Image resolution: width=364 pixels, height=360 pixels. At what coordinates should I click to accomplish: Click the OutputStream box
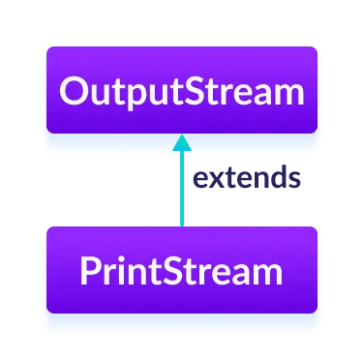[x=181, y=94]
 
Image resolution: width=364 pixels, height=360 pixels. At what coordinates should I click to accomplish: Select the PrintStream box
[x=181, y=271]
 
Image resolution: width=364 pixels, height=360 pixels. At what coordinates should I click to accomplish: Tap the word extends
[x=245, y=178]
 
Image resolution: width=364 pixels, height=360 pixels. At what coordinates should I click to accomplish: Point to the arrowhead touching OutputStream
[x=181, y=141]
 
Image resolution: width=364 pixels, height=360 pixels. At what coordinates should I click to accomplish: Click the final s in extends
[x=289, y=180]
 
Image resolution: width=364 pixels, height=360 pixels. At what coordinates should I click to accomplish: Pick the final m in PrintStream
[x=262, y=272]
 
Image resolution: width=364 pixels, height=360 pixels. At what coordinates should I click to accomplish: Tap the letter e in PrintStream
[x=215, y=272]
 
